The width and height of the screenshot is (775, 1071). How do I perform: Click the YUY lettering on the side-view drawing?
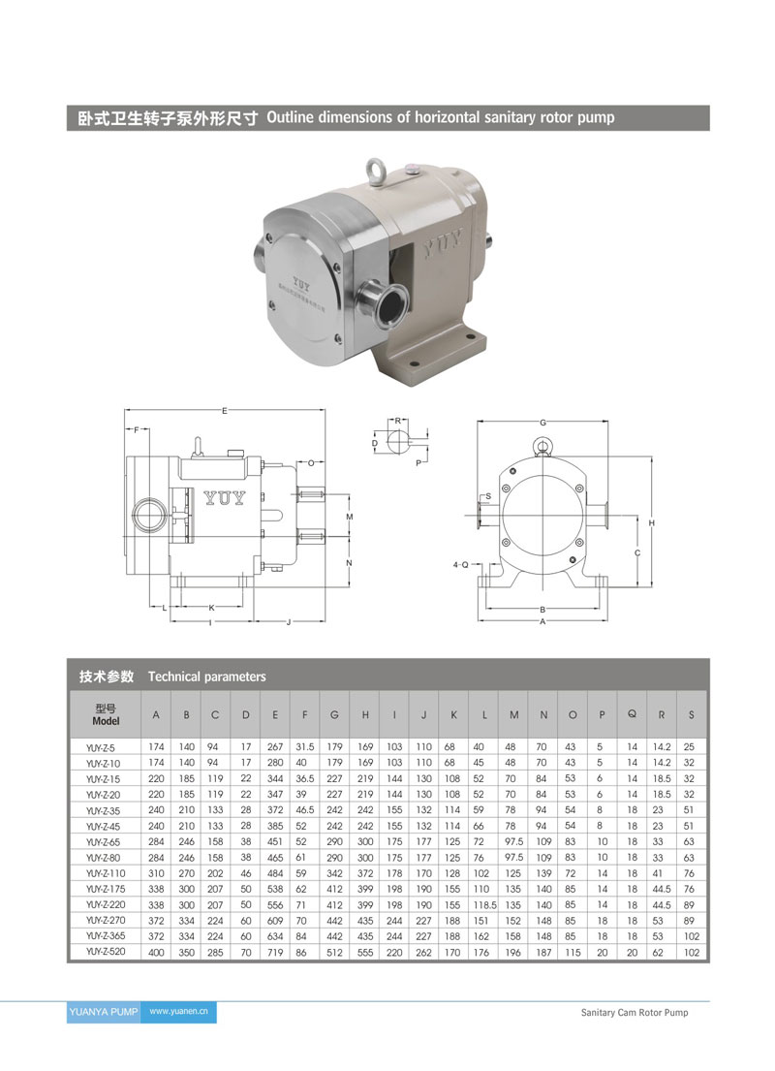coord(225,498)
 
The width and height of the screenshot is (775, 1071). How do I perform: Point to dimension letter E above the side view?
coord(225,411)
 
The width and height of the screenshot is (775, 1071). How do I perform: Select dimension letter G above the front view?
coord(542,423)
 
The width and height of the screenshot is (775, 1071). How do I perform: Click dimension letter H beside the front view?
coord(652,523)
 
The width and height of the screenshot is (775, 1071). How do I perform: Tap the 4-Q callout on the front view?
coord(461,565)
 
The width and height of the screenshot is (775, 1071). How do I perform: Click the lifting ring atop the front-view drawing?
coord(542,448)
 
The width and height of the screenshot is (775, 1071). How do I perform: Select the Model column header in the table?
coord(106,714)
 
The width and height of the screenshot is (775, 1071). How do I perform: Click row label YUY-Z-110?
coord(106,873)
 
